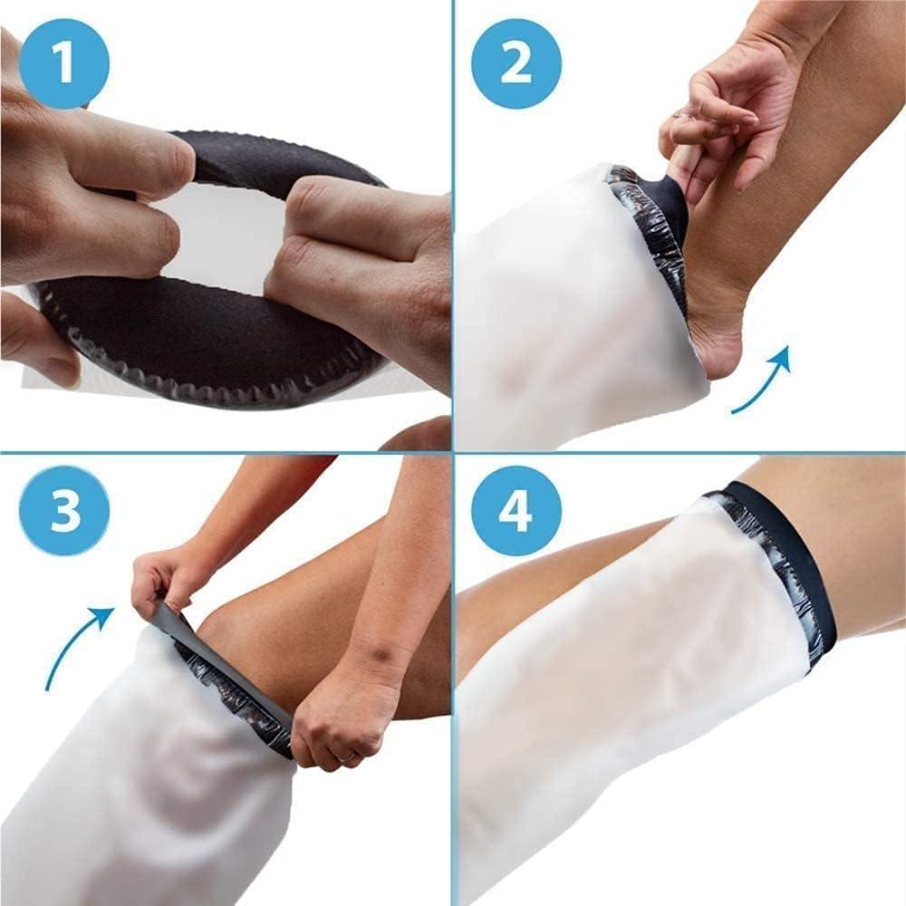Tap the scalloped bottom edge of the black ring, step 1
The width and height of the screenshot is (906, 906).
[x=226, y=381]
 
